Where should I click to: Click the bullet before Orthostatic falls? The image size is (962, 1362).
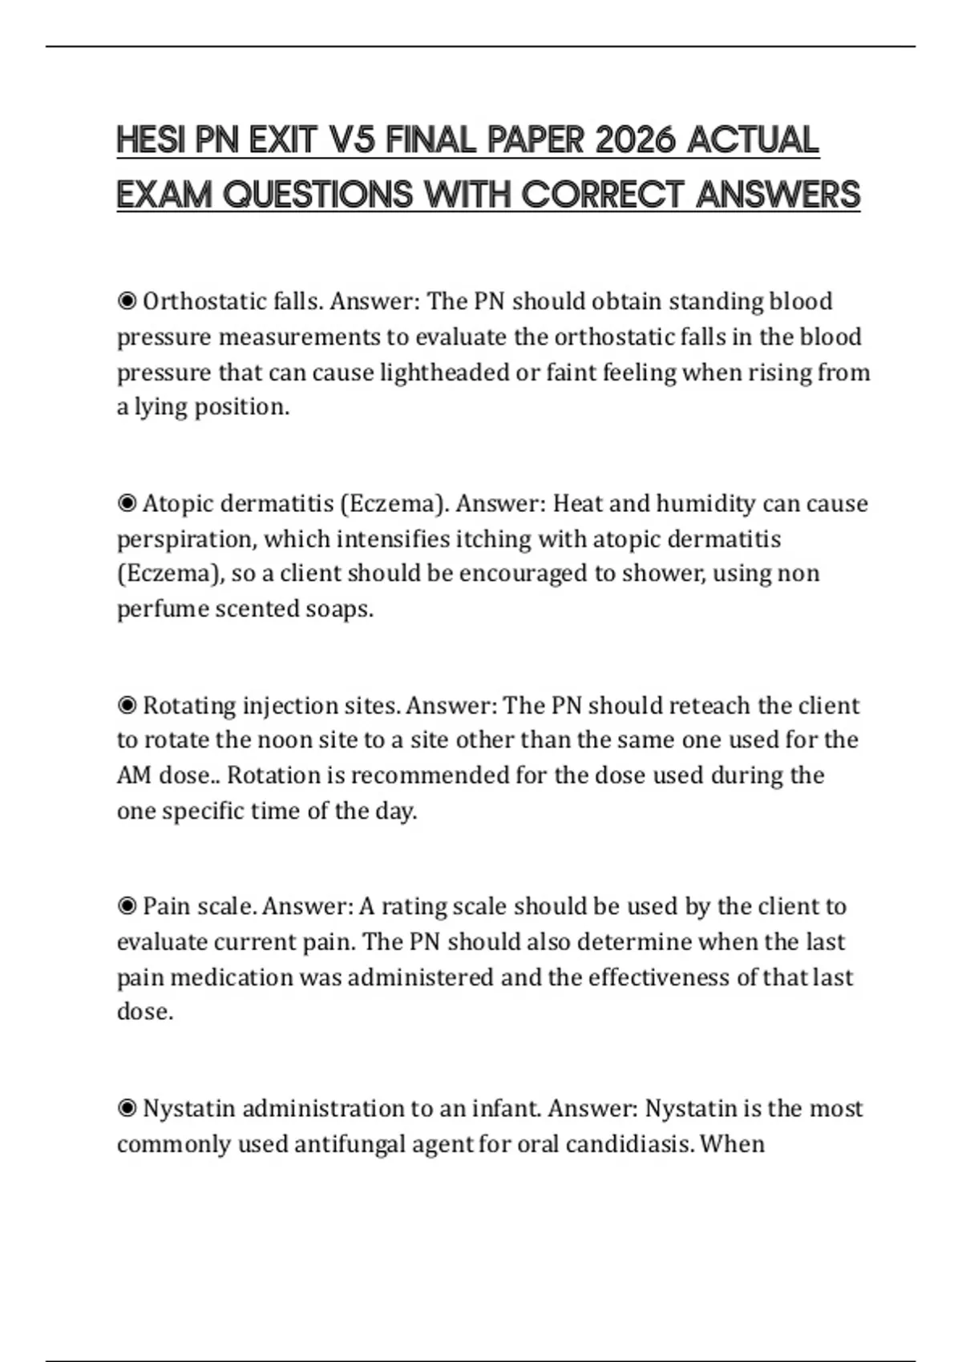127,302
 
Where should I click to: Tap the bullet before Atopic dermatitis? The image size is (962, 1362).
127,504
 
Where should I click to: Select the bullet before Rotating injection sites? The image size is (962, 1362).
127,706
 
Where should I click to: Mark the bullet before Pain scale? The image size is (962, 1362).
127,907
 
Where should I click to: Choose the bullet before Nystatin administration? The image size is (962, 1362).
127,1109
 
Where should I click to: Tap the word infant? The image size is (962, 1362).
504,1109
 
